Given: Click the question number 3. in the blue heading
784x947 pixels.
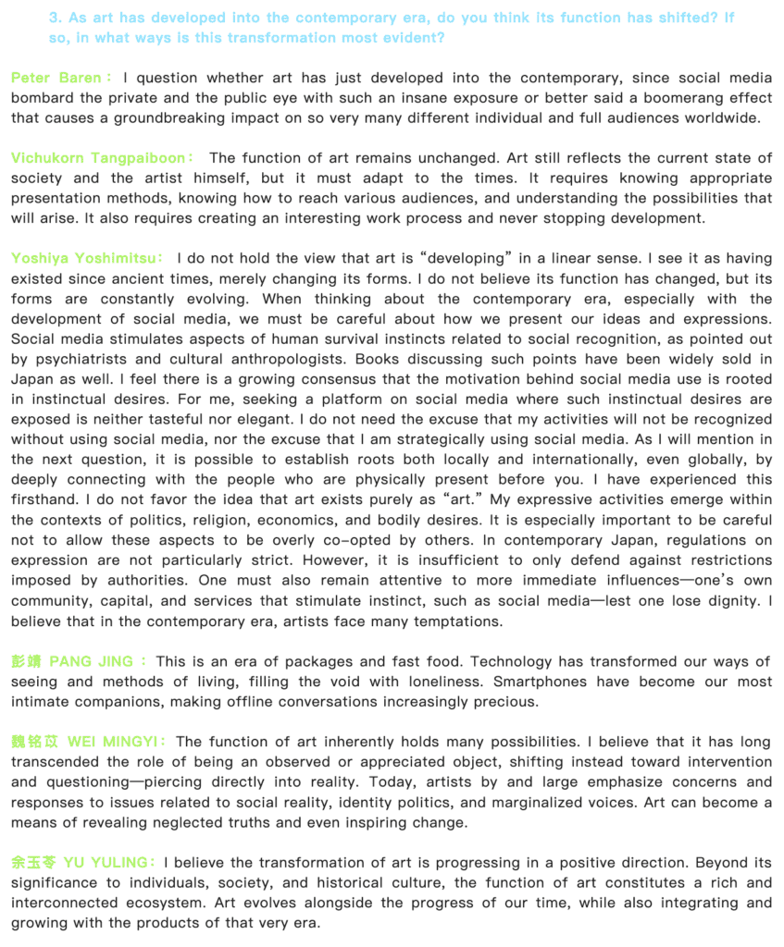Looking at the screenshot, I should coord(56,18).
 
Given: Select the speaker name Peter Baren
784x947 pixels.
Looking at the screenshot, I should coord(56,79).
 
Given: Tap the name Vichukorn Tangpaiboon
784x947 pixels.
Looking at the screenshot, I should coord(98,158).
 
